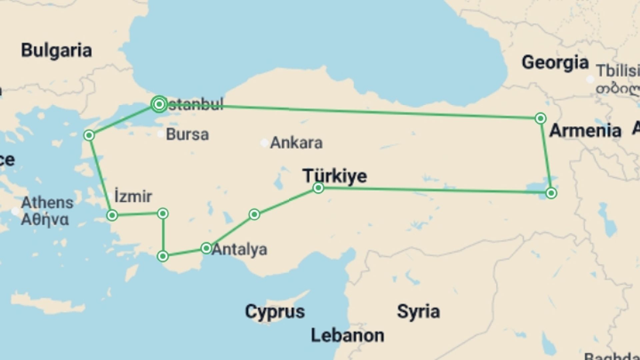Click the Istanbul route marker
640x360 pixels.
pos(159,104)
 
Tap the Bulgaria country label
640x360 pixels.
pos(56,51)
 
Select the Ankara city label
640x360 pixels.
pos(296,143)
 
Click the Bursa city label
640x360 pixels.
pos(187,134)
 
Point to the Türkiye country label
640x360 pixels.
pos(335,176)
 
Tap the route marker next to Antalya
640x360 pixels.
pos(206,248)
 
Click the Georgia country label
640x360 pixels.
pos(555,63)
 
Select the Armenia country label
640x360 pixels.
pos(585,130)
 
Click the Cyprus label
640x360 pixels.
pos(275,312)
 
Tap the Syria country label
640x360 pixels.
pos(418,311)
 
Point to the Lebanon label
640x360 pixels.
pos(347,335)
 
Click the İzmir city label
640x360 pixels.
pos(133,196)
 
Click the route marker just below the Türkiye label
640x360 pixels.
pos(318,188)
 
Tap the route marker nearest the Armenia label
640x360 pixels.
pos(540,118)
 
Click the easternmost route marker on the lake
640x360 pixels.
pos(551,193)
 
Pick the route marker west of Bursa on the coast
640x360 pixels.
pos(89,135)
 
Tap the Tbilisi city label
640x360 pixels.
pos(618,71)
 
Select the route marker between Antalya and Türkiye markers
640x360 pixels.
pos(254,214)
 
